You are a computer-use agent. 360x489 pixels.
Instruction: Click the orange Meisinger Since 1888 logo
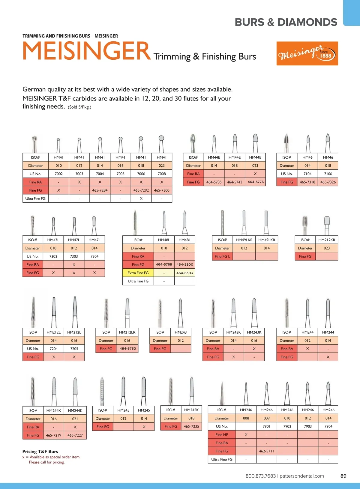pos(307,53)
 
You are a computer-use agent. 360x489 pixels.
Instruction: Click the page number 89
pos(343,476)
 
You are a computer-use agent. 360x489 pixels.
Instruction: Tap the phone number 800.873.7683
pos(260,476)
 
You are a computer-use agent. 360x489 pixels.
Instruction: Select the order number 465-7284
pos(100,190)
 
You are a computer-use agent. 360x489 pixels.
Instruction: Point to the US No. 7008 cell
pos(162,174)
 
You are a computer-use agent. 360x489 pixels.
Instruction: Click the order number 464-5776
pos(255,182)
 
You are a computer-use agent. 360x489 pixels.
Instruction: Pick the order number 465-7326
pos(328,182)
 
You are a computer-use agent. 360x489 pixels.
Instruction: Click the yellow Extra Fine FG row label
pos(138,273)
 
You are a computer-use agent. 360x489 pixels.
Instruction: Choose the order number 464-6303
pos(184,273)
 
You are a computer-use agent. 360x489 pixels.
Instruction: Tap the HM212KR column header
pos(327,240)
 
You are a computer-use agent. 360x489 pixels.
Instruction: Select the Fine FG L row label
pos(222,256)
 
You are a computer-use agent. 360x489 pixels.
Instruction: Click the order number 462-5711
pos(266,451)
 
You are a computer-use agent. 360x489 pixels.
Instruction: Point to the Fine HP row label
pos(222,434)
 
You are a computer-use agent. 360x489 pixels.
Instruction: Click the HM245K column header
pos(191,410)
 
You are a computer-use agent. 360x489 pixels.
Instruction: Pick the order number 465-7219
pos(53,435)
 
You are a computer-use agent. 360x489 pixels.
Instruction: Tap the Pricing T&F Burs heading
pos(40,451)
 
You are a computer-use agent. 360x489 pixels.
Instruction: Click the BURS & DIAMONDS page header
pos(286,22)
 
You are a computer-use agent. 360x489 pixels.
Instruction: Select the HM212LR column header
pos(127,332)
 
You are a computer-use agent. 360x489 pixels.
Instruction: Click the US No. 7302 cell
pos(53,256)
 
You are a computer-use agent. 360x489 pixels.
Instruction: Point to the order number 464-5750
pos(127,349)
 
